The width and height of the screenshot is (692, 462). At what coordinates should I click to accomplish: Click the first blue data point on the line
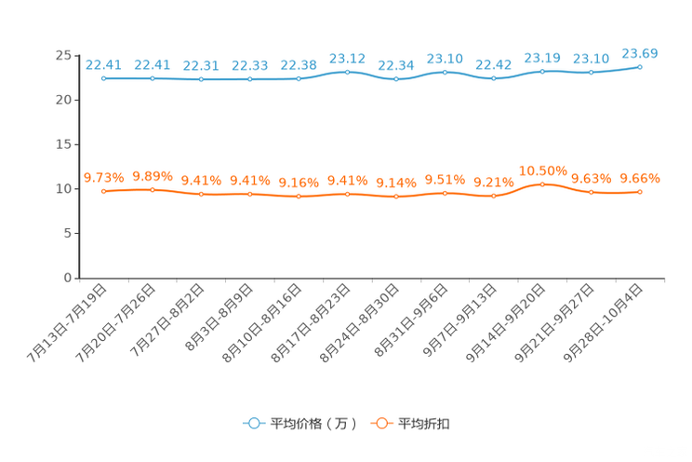pyautogui.click(x=103, y=79)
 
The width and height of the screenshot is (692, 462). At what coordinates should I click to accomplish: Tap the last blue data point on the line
pyautogui.click(x=640, y=67)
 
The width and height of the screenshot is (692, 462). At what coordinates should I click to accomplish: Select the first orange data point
pyautogui.click(x=103, y=191)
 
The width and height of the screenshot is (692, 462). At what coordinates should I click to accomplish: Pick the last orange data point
pyautogui.click(x=640, y=192)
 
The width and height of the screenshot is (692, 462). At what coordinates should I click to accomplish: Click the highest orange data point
pyautogui.click(x=542, y=184)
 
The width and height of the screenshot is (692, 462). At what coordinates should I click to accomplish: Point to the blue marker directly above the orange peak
pyautogui.click(x=542, y=72)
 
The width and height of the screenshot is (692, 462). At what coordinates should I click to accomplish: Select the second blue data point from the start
pyautogui.click(x=153, y=78)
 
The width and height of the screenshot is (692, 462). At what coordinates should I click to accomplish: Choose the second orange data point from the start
pyautogui.click(x=153, y=190)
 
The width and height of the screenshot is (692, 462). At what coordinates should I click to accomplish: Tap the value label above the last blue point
pyautogui.click(x=640, y=53)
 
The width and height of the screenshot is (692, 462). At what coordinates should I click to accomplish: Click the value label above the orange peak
pyautogui.click(x=542, y=170)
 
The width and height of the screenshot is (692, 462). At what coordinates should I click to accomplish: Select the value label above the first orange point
pyautogui.click(x=103, y=177)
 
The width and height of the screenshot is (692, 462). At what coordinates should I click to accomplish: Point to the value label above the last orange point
pyautogui.click(x=640, y=178)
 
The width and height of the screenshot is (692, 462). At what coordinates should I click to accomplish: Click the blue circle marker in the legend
pyautogui.click(x=254, y=423)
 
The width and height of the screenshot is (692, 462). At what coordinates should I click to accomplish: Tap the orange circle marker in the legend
pyautogui.click(x=380, y=423)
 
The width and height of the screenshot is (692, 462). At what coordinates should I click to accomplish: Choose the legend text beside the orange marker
pyautogui.click(x=425, y=424)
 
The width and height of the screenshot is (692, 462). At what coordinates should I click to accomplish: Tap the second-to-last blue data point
pyautogui.click(x=591, y=73)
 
